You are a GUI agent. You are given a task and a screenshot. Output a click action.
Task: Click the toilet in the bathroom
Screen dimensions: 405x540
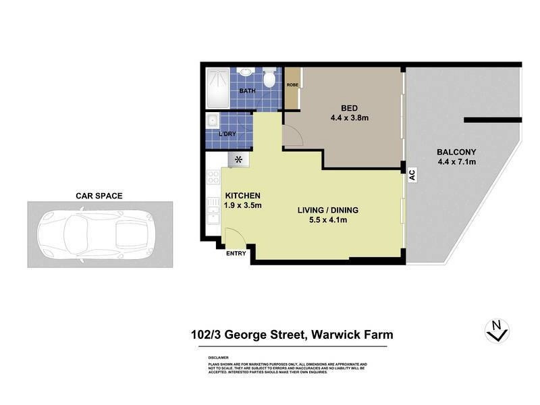tap(269, 80)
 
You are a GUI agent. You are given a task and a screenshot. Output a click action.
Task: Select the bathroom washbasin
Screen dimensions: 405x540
tap(244, 74)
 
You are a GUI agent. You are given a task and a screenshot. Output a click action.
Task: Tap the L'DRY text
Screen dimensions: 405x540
tap(227, 134)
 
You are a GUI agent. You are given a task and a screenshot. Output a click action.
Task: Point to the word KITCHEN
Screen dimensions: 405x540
tap(242, 196)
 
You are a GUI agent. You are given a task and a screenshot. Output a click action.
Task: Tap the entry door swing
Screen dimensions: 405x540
tap(234, 236)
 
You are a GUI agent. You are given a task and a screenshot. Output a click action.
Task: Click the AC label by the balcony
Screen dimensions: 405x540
tap(410, 173)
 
